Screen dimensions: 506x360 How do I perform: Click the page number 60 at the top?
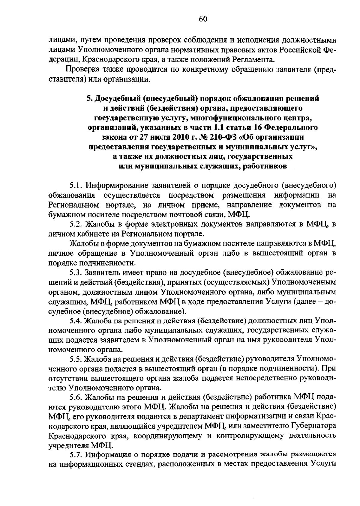click(203, 19)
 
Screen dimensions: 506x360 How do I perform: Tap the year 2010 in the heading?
click(165, 137)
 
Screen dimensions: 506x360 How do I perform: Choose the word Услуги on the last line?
click(322, 465)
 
